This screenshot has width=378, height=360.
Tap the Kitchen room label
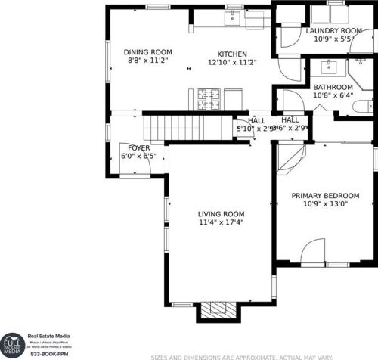(232, 54)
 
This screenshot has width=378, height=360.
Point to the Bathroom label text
(333, 88)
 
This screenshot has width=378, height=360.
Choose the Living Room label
(221, 214)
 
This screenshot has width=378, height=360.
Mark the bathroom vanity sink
(330, 67)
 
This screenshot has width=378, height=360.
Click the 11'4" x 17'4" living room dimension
(221, 223)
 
